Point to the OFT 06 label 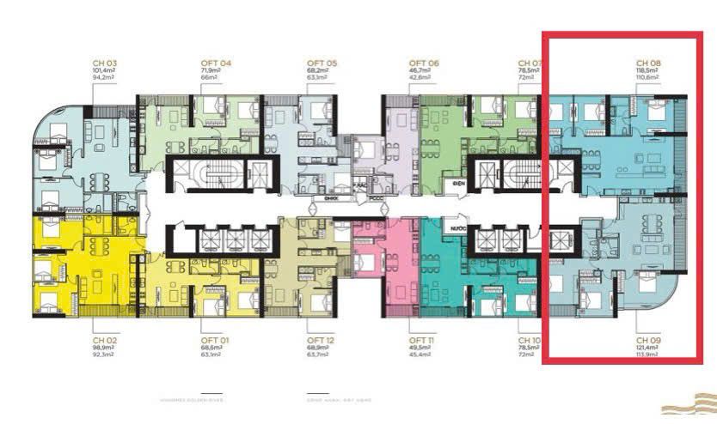[x=424, y=64]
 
